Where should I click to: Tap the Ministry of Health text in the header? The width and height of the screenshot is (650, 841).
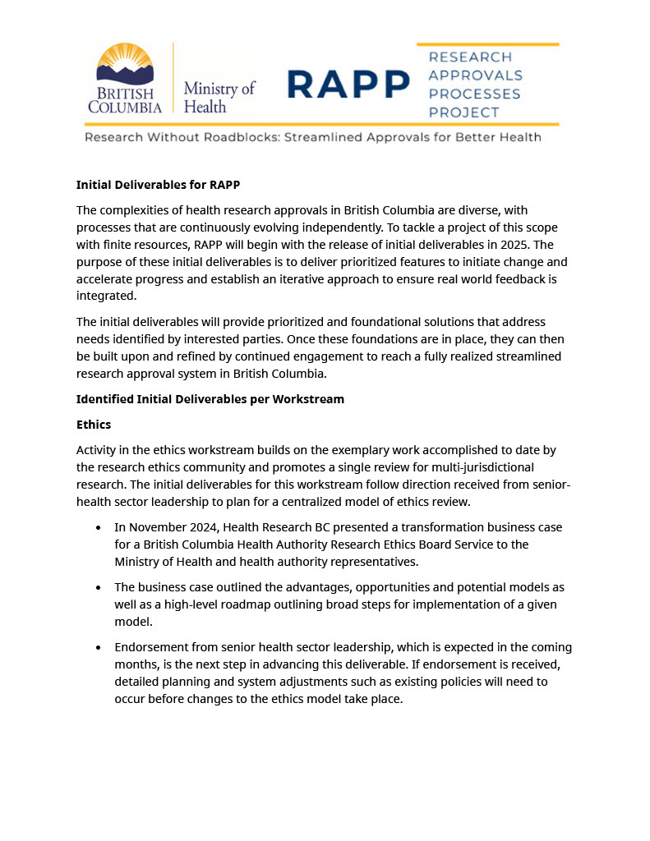(219, 97)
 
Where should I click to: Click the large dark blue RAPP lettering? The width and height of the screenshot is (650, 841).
(348, 84)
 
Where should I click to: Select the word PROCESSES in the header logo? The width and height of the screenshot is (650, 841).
(475, 94)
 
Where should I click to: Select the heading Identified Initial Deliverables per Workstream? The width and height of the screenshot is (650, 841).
(210, 399)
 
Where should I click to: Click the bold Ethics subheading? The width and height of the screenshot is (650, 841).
(94, 425)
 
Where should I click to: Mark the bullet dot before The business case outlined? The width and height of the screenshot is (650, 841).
(99, 588)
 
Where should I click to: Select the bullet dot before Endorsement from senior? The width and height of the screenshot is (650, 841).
(99, 648)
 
